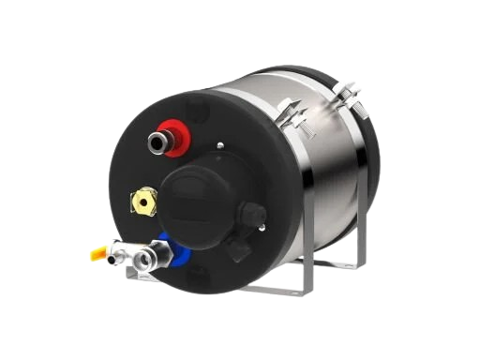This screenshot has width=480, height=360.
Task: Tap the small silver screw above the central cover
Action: click(218, 146)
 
